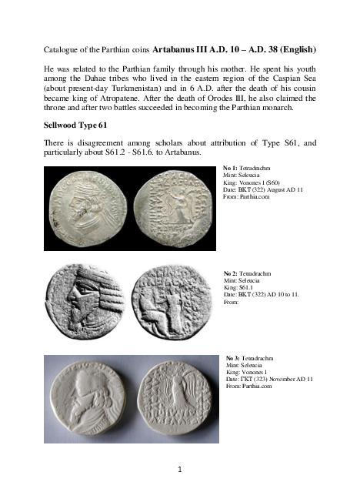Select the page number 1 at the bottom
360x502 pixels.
tap(180, 467)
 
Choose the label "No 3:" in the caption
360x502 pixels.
tap(234, 359)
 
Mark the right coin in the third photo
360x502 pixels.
tap(176, 399)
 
